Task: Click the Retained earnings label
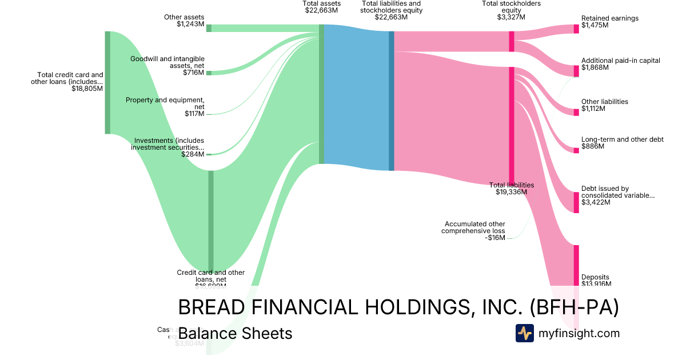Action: [609, 22]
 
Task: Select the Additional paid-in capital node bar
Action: [576, 70]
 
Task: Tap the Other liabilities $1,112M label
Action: [604, 105]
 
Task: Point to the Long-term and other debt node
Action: [576, 150]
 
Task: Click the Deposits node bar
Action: [576, 269]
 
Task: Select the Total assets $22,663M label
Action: [321, 7]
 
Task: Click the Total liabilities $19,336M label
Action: [512, 189]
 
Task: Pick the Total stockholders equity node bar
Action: [512, 41]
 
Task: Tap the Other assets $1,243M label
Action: [184, 21]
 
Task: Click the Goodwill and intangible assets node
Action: [209, 73]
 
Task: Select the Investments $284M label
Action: [169, 147]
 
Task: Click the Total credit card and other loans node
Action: [107, 82]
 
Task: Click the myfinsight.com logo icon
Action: [524, 333]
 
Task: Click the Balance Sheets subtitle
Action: [235, 333]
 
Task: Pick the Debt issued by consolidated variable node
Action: [576, 202]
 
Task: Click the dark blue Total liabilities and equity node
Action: [392, 101]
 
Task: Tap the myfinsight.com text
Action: [579, 333]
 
